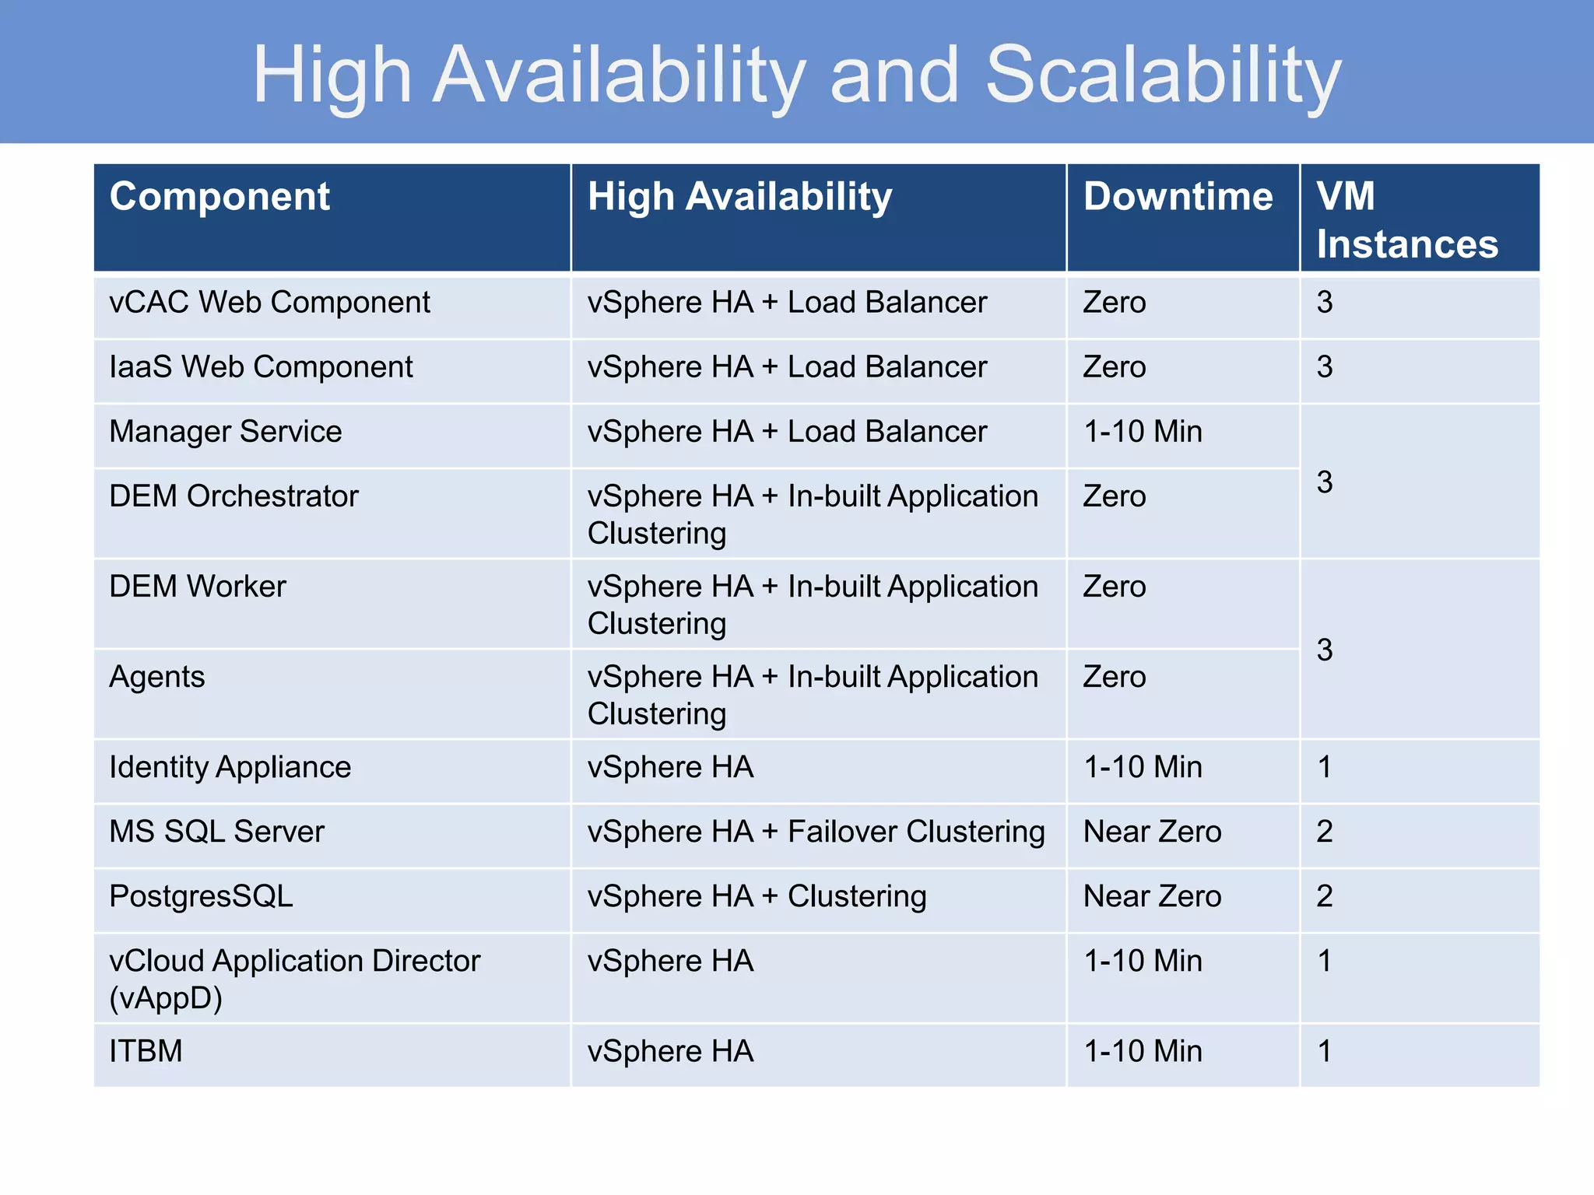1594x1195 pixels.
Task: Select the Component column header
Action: pos(219,196)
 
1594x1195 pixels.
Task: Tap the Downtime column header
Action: pos(1178,196)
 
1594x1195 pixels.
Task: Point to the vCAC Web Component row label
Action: pos(269,303)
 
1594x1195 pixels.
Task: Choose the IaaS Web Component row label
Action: pos(261,367)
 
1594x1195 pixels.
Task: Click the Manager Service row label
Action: pos(226,432)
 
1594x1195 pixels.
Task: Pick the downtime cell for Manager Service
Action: pos(1143,432)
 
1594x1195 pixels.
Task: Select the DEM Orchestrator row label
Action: pos(233,496)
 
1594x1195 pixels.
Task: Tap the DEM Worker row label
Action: pos(198,587)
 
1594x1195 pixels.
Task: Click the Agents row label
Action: pos(157,677)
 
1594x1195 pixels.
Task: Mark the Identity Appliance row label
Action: pos(230,768)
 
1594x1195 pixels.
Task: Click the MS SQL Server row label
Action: pos(216,832)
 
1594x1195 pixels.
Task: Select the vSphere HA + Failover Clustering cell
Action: pos(816,832)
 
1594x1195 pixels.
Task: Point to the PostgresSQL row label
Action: pos(201,896)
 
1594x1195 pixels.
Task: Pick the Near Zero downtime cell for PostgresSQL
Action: pos(1152,896)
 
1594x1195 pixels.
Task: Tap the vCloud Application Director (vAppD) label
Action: pos(294,979)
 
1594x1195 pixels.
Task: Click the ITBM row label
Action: pos(146,1051)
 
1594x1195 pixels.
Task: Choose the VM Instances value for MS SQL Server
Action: pos(1325,832)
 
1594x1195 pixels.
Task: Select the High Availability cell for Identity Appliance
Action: pos(670,768)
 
